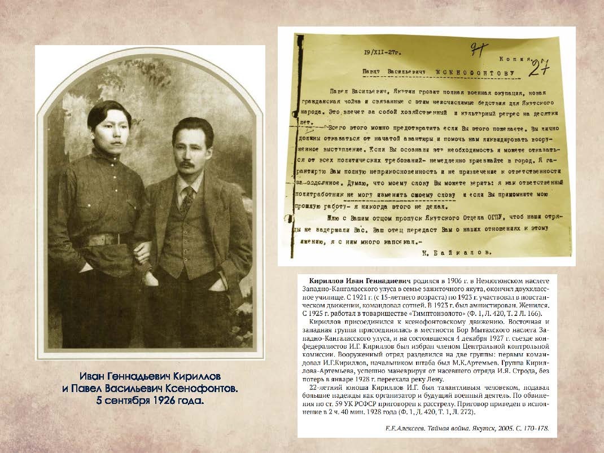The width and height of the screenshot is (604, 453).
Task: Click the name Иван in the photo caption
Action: [95, 376]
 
